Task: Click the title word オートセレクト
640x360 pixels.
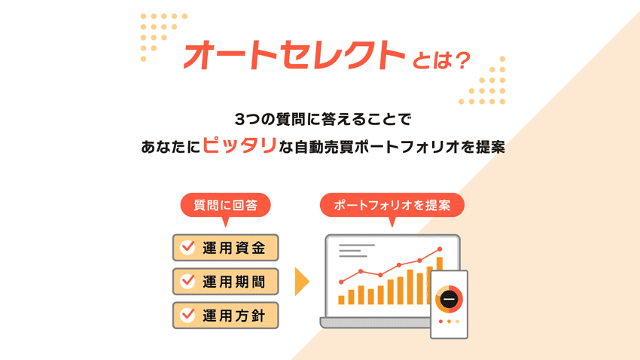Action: coord(294,56)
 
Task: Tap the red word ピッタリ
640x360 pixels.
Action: coord(239,145)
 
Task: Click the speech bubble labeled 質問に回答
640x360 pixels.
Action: coord(225,205)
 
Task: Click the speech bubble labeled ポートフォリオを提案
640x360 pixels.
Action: coord(392,205)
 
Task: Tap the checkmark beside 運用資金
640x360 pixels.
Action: coord(188,248)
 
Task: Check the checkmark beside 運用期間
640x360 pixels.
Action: coord(188,282)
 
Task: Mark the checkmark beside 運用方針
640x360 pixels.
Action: coord(188,316)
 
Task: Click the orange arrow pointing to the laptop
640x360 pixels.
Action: coord(302,282)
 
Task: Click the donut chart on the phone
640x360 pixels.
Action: coord(449,299)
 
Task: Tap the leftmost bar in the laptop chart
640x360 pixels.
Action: coord(341,300)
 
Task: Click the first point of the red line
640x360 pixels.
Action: coord(341,282)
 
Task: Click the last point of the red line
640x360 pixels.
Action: coord(440,249)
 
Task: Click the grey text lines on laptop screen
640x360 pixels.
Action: coord(355,250)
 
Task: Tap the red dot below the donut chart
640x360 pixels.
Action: coord(441,322)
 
